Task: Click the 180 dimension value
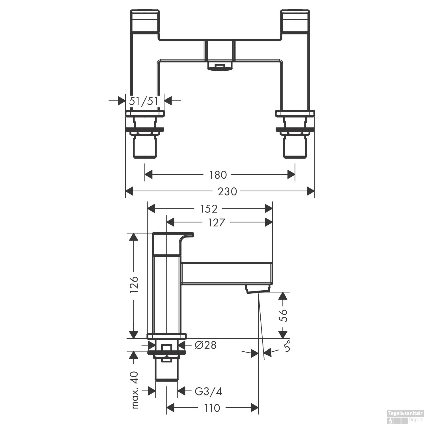click(x=218, y=175)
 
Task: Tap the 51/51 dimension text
click(x=144, y=101)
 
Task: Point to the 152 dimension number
click(x=209, y=209)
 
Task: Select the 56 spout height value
click(x=283, y=315)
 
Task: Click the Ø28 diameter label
click(x=205, y=345)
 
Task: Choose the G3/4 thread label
click(x=209, y=391)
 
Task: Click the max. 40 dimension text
click(x=135, y=390)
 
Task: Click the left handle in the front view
click(x=145, y=21)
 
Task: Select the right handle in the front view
click(x=295, y=21)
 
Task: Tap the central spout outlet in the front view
click(x=220, y=67)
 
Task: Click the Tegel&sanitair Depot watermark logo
click(x=405, y=417)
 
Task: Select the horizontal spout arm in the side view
click(x=226, y=273)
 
